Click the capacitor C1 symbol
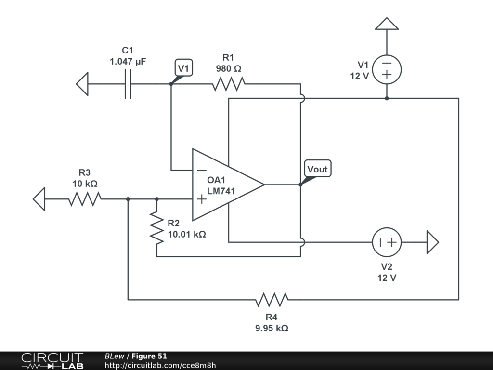(x=128, y=84)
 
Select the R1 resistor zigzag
(x=229, y=84)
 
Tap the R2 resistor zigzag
(x=157, y=228)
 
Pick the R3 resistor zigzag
(x=85, y=199)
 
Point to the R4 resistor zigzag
(x=272, y=300)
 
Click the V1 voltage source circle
(x=387, y=69)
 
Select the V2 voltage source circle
(x=387, y=242)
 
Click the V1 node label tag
(x=183, y=67)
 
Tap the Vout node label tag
(x=318, y=169)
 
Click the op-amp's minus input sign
(x=202, y=170)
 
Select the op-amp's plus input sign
(x=202, y=199)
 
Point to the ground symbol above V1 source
(x=387, y=24)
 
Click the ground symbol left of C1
(x=82, y=84)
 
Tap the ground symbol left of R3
(x=39, y=199)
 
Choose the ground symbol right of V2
(x=433, y=242)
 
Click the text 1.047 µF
(x=128, y=61)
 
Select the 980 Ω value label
(x=229, y=68)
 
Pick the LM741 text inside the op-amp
(x=221, y=191)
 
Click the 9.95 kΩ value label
(x=272, y=328)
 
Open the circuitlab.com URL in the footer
(x=160, y=365)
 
